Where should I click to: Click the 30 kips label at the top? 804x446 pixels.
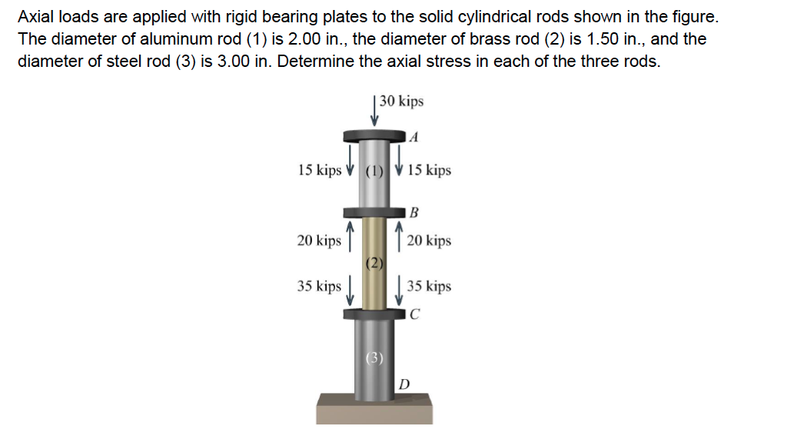click(x=401, y=102)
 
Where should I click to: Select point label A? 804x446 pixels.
click(x=414, y=138)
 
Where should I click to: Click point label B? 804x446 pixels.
click(x=414, y=211)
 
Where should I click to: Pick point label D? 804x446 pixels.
click(x=404, y=383)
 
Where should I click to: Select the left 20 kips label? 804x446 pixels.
click(x=319, y=241)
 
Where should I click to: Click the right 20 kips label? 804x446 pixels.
click(x=429, y=241)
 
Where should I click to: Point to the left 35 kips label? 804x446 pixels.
click(x=319, y=287)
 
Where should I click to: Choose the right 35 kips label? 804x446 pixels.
click(x=429, y=287)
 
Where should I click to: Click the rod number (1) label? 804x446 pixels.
click(x=374, y=171)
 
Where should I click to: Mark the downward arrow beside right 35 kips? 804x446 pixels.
click(x=399, y=293)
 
